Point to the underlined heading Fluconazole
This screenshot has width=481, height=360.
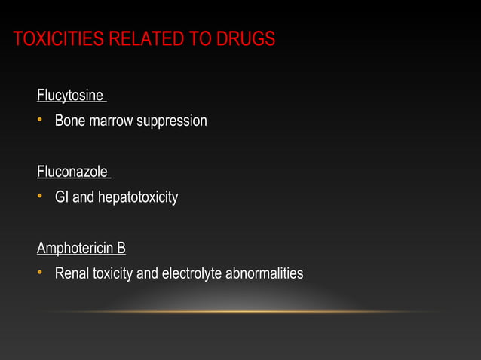72,172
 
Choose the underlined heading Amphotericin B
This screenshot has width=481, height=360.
81,248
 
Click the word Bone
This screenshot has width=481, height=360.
69,121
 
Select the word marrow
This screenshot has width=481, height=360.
110,121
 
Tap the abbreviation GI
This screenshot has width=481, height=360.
61,197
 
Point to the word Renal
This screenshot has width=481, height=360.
72,273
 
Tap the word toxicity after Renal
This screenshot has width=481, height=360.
112,273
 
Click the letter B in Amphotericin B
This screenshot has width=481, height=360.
121,248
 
